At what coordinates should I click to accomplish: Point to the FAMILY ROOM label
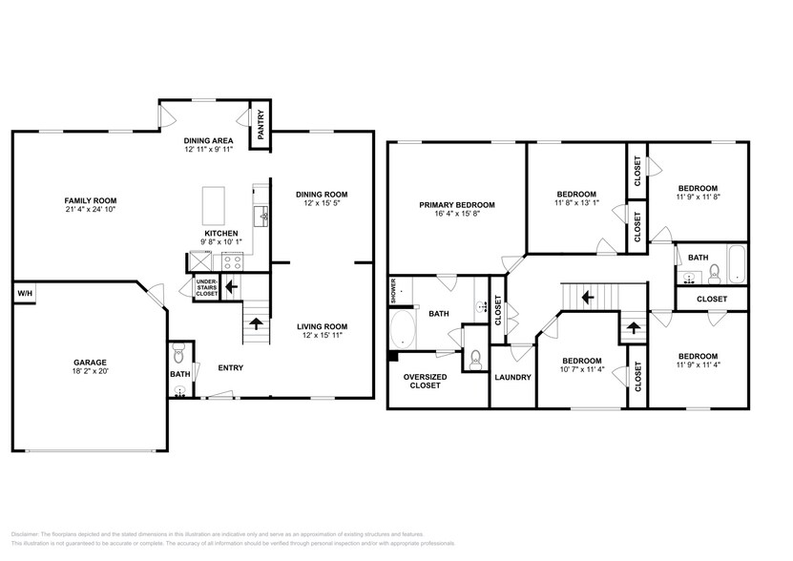point(91,200)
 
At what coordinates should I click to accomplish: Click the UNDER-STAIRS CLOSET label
point(207,288)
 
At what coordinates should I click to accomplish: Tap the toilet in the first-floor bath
point(177,356)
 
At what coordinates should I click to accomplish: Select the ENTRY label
point(230,367)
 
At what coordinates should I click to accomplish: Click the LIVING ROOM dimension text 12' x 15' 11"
point(321,335)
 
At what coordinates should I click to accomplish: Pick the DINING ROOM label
point(321,194)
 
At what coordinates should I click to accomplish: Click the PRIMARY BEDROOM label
point(457,205)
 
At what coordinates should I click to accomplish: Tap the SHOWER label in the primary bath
point(392,291)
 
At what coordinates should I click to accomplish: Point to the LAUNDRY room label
point(511,376)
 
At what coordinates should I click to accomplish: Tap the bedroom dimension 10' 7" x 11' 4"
point(581,370)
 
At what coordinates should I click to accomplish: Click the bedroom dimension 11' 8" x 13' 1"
point(576,202)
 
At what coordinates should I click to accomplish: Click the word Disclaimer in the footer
point(30,534)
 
